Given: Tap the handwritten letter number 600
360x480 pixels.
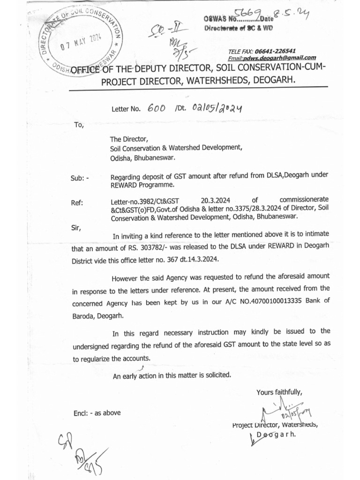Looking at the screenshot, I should point(157,108).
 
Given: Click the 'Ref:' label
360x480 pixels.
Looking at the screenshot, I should point(77,202).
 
